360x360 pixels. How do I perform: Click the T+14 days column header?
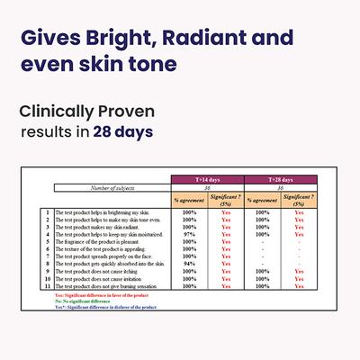[x=208, y=179]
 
